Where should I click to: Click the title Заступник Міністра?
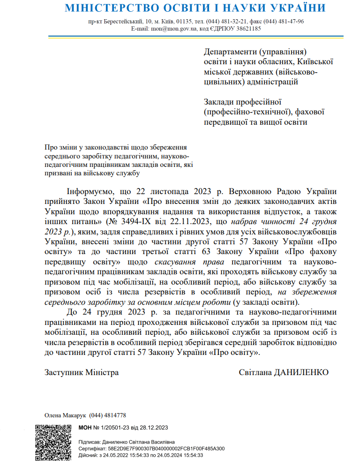coord(82,372)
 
